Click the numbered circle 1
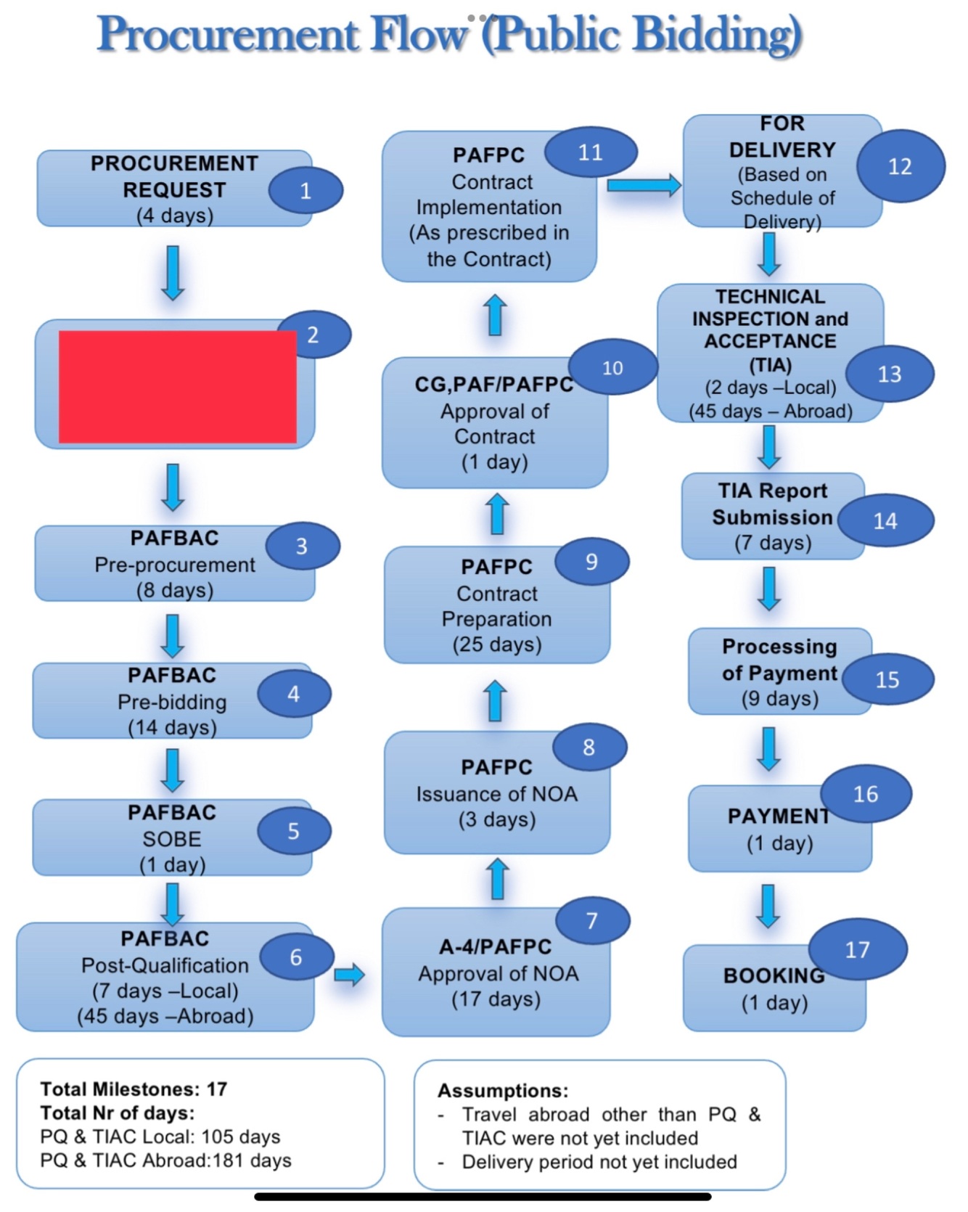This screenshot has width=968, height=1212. (305, 191)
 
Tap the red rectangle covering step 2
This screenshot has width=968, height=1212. (178, 386)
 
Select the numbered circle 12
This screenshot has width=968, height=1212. (901, 166)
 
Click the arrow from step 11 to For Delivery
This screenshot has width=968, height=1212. (644, 186)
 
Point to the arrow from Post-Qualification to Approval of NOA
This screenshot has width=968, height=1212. (349, 974)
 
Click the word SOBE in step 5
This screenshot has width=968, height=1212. (172, 839)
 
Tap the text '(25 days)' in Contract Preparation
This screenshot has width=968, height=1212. (497, 644)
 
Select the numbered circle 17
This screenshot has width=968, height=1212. (857, 949)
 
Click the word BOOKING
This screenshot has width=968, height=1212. (774, 976)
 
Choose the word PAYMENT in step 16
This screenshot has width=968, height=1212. (779, 816)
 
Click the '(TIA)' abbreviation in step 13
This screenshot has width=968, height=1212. (770, 364)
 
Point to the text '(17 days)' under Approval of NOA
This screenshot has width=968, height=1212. (496, 999)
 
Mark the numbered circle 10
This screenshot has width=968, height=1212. (612, 368)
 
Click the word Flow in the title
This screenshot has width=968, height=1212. (419, 33)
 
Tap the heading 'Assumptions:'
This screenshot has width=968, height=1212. (503, 1091)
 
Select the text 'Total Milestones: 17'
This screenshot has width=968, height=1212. (134, 1089)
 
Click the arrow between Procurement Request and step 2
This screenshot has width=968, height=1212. (173, 273)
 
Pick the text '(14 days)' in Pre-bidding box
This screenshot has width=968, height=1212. (172, 727)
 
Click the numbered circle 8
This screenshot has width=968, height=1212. (588, 747)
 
